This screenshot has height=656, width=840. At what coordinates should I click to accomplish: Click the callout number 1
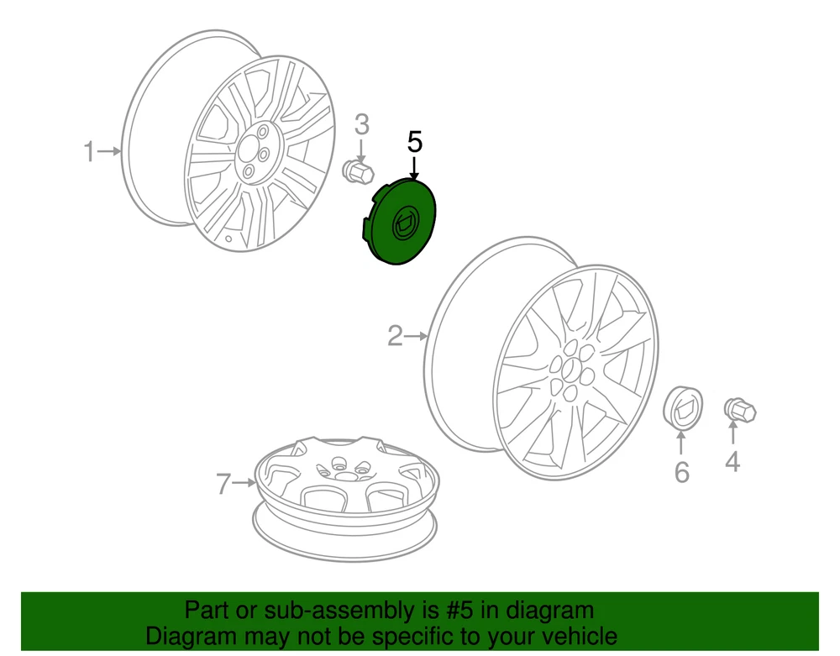tap(89, 151)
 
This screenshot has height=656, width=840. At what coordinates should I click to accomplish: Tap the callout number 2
tap(395, 336)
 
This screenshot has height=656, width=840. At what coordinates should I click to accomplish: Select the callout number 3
tap(362, 125)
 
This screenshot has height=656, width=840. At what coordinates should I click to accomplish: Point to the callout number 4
tap(732, 462)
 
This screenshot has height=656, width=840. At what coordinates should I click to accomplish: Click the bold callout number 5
tap(415, 142)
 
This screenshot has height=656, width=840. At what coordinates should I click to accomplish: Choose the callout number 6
tap(681, 472)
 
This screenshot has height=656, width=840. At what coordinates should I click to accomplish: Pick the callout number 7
tap(224, 484)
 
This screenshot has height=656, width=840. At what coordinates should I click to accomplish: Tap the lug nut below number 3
tap(358, 171)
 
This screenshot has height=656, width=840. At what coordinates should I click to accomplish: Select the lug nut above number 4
tap(740, 411)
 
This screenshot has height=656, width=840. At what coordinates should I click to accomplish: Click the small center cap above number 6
tap(682, 407)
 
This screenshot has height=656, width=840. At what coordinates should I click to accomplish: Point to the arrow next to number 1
tap(110, 151)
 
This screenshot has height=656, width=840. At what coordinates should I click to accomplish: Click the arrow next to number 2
tap(417, 336)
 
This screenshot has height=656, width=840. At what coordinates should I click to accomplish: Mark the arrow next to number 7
tap(244, 483)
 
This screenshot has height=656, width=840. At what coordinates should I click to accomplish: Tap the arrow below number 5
tap(414, 168)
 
